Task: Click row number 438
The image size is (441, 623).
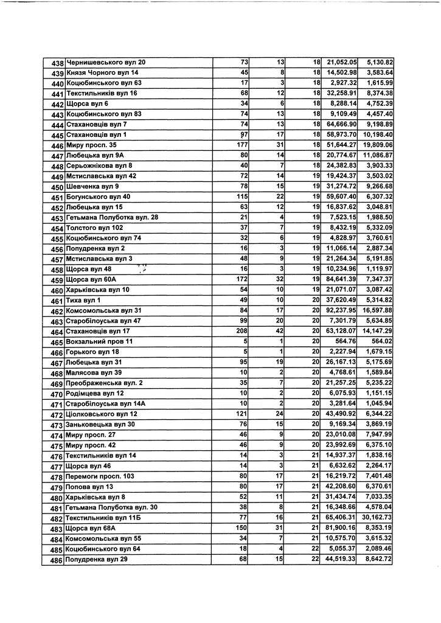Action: pyautogui.click(x=58, y=63)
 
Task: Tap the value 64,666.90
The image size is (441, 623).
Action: pyautogui.click(x=341, y=125)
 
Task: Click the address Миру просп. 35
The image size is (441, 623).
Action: pyautogui.click(x=91, y=145)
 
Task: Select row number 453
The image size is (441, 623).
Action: pyautogui.click(x=58, y=218)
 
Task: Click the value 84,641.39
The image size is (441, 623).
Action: pyautogui.click(x=341, y=280)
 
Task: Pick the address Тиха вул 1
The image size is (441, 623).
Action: pyautogui.click(x=83, y=301)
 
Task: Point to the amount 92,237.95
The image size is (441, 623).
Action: pyautogui.click(x=341, y=311)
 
